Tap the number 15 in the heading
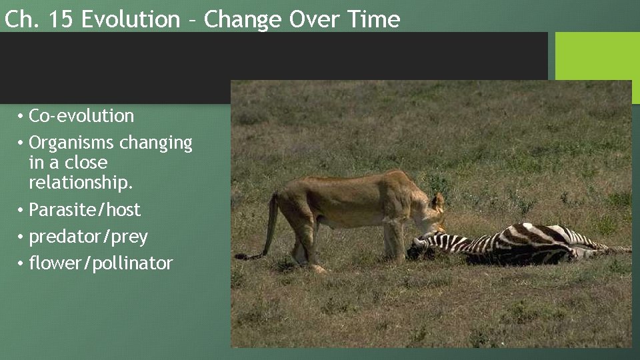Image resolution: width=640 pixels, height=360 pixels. pos(62,19)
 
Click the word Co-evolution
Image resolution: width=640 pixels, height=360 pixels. pos(81,116)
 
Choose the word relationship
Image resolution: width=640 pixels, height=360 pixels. pos(81,182)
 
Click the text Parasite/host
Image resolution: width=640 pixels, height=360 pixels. pos(85,210)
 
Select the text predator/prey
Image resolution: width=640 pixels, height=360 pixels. pos(88,237)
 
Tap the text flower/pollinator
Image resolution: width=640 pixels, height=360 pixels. pos(101,264)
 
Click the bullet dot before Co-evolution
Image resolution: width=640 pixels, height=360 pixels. pos(21,117)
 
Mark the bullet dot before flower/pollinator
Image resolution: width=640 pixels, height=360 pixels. pos(21,264)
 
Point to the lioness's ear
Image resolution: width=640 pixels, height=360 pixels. pos(438,199)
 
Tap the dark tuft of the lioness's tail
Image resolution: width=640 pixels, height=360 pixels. pos(245,256)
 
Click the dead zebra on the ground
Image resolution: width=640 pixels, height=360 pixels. pos(520,243)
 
